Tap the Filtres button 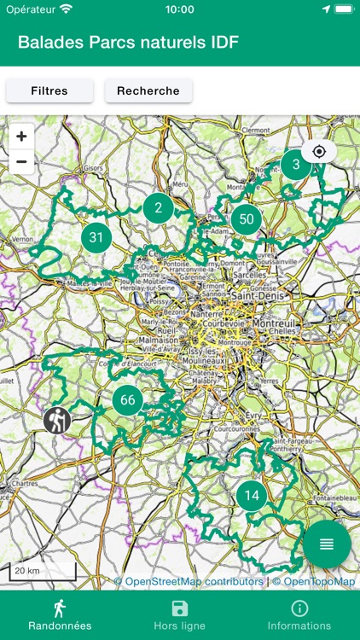click(49, 90)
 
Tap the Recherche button click(148, 90)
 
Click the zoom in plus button click(21, 137)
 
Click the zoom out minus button click(21, 161)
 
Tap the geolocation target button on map click(319, 152)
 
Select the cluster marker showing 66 click(128, 400)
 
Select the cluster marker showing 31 click(96, 238)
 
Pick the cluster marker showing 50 click(247, 219)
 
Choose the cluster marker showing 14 click(252, 495)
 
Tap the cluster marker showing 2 click(158, 207)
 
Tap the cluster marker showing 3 click(296, 164)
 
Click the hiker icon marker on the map click(57, 419)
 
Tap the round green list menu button click(327, 544)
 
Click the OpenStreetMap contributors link click(195, 582)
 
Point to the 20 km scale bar click(44, 572)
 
